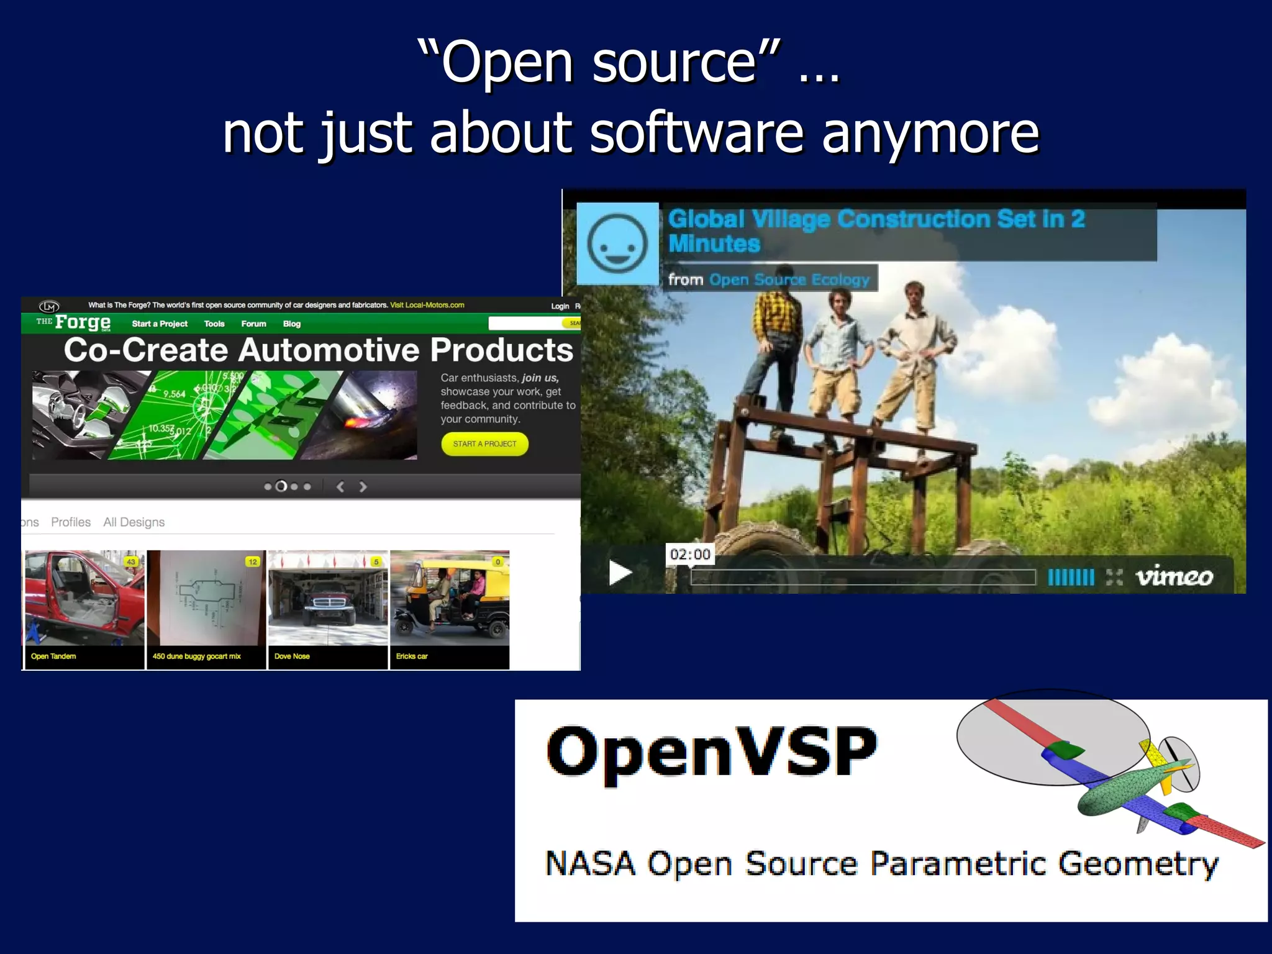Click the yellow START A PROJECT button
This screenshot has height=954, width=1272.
click(x=484, y=444)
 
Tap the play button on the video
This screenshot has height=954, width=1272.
click(x=620, y=573)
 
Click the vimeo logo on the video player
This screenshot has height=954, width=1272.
click(x=1174, y=577)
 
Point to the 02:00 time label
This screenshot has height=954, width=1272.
click(x=690, y=554)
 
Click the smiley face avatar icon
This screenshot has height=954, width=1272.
click(x=617, y=243)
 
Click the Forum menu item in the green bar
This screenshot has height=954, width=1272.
click(x=253, y=324)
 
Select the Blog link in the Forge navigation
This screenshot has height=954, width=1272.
click(x=292, y=324)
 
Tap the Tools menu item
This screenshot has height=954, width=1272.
click(x=214, y=324)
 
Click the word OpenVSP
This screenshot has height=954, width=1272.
click(x=712, y=753)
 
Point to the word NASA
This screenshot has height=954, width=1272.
click(x=590, y=863)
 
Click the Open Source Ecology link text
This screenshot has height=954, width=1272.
click(x=789, y=279)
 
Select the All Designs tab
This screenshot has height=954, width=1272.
click(x=134, y=522)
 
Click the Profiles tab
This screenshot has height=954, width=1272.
click(x=71, y=522)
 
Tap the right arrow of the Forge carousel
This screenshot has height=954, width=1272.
click(x=363, y=487)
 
